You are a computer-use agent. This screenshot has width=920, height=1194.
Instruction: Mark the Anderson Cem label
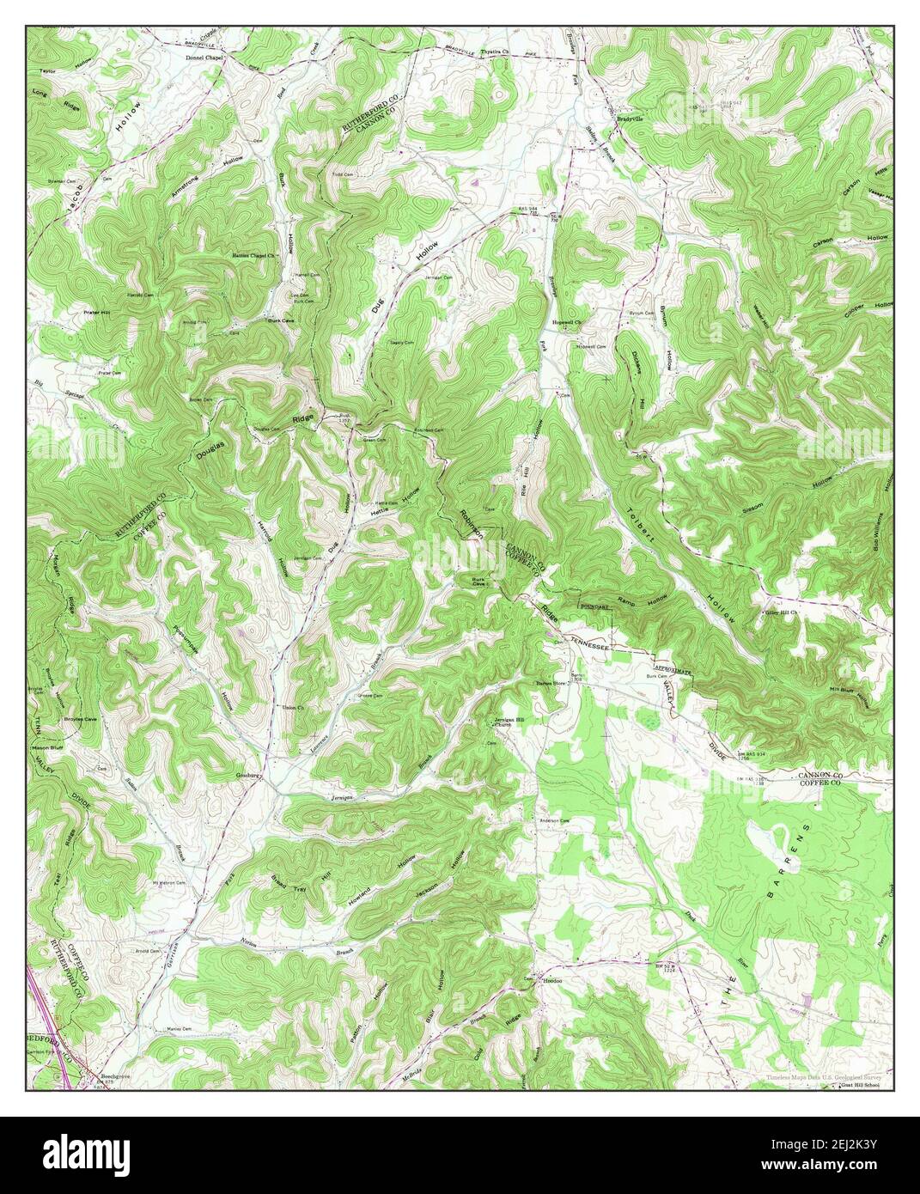click(x=554, y=821)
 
